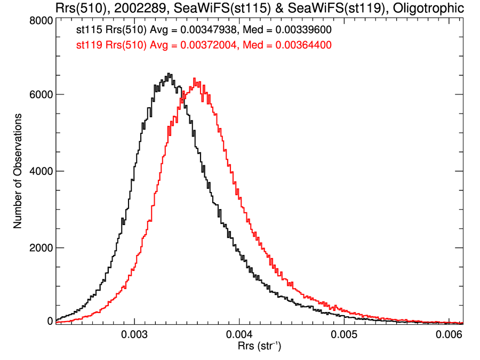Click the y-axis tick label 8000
(40, 20)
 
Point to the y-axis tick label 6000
(40, 95)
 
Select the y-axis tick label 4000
(40, 171)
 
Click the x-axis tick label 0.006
(449, 335)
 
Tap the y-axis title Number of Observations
(18, 171)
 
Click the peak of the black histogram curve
(169, 74)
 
